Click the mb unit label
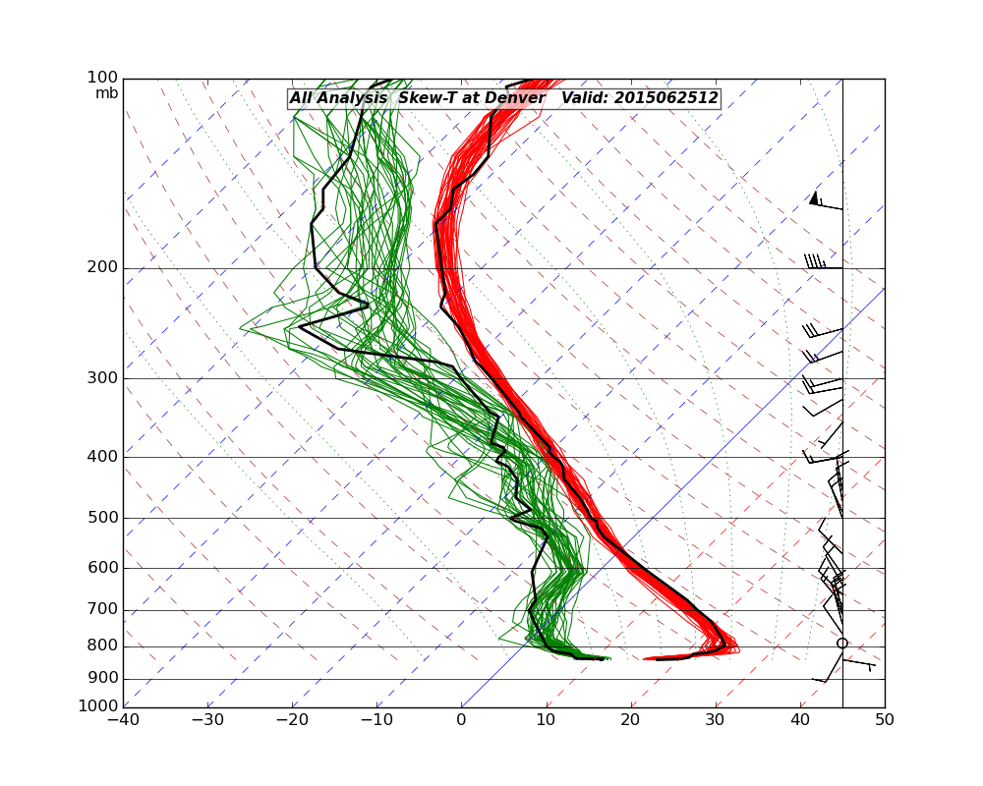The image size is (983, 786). [x=106, y=93]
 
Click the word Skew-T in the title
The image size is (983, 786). [x=428, y=98]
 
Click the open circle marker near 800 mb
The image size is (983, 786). [x=842, y=644]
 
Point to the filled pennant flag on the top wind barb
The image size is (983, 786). [x=813, y=197]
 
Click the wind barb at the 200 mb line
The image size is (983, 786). [x=822, y=263]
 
